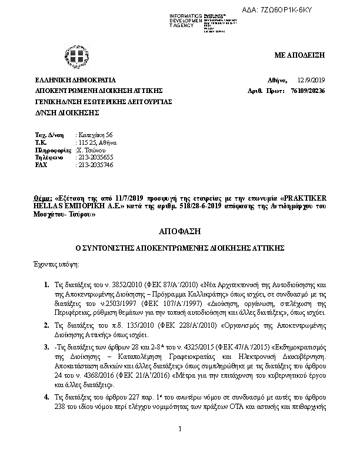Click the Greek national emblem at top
76,59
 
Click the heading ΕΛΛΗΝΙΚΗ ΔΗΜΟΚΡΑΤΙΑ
76,80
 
